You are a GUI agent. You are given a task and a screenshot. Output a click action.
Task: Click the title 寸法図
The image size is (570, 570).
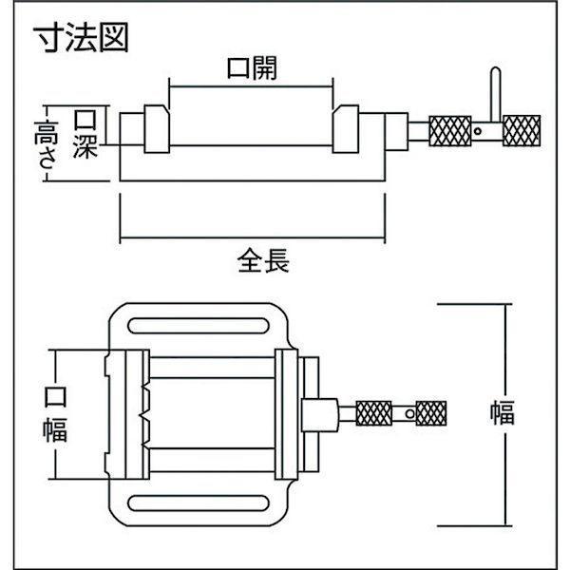81,37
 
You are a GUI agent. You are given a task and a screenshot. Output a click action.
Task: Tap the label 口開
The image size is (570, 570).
253,68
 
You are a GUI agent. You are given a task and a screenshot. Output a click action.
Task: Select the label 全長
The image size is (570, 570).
263,260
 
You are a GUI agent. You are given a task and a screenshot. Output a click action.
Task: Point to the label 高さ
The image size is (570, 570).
46,144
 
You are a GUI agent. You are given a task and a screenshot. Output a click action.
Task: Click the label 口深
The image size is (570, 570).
85,134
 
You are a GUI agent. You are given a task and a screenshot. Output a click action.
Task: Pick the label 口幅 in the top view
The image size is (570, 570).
55,413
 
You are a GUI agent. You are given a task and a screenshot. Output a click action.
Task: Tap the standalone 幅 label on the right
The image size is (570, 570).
503,413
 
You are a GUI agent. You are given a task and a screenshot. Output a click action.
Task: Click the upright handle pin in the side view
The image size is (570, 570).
495,95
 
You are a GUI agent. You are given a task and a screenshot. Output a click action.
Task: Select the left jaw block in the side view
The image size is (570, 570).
157,129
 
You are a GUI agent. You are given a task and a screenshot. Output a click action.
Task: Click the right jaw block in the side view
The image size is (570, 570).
346,129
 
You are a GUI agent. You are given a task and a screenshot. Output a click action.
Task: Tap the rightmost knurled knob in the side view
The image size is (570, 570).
522,131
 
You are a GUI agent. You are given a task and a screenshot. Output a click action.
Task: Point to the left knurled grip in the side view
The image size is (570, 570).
450,131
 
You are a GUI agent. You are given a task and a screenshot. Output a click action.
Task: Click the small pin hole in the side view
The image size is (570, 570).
479,131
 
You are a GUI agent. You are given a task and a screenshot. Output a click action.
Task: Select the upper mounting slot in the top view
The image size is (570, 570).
199,326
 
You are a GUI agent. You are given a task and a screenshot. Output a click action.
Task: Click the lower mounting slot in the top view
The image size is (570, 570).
199,503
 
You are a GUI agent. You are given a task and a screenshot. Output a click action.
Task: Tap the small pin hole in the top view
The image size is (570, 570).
410,413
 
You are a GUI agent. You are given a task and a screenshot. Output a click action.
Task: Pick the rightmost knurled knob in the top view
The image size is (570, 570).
430,413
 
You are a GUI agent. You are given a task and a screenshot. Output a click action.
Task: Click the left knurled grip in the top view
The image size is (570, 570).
373,413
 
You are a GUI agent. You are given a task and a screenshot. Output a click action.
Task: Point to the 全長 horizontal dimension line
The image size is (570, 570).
253,238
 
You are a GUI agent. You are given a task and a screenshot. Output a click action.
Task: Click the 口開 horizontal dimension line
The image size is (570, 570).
251,86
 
